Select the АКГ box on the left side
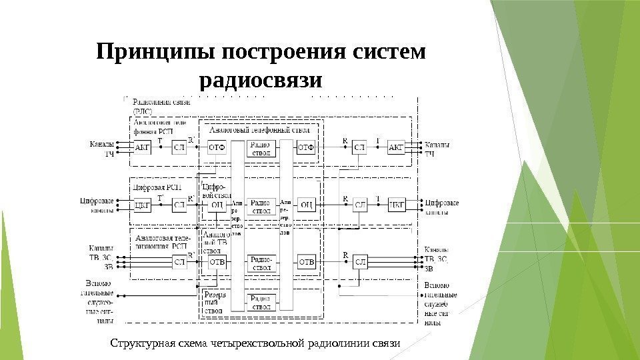coord(143,148)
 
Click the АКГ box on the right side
coord(396,147)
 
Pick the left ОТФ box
coord(217,147)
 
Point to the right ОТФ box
coord(306,147)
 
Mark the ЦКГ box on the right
coord(396,205)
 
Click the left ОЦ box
coord(217,205)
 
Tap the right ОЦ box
coord(306,205)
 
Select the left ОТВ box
coord(217,262)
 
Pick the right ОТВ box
coord(306,262)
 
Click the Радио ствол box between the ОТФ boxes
coord(261,147)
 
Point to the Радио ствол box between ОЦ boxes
coord(261,206)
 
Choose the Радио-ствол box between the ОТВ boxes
coord(261,262)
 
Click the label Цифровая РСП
coord(157,187)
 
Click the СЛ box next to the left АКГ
coord(179,148)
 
